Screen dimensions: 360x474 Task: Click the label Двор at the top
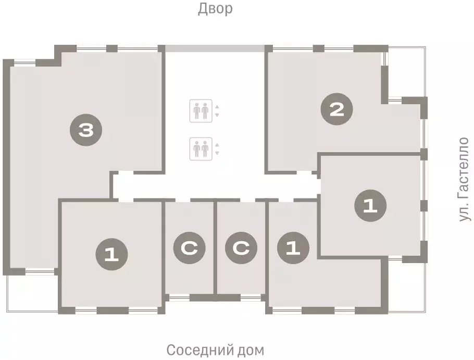coord(215,9)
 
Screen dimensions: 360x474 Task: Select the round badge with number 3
coord(85,130)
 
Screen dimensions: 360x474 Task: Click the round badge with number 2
coord(337,109)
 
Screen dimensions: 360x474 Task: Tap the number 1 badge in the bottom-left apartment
coord(111,254)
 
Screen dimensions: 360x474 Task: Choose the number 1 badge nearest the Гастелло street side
coord(370,205)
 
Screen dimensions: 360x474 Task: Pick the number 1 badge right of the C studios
coord(293,248)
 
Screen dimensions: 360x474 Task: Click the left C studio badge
coord(190,248)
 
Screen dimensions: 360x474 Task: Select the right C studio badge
coord(241,248)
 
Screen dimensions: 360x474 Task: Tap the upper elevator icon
coord(200,111)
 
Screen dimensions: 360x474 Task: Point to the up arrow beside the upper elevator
coord(217,107)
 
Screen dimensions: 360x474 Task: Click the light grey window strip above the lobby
coord(215,48)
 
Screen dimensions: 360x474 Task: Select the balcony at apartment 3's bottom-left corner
coord(31,292)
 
